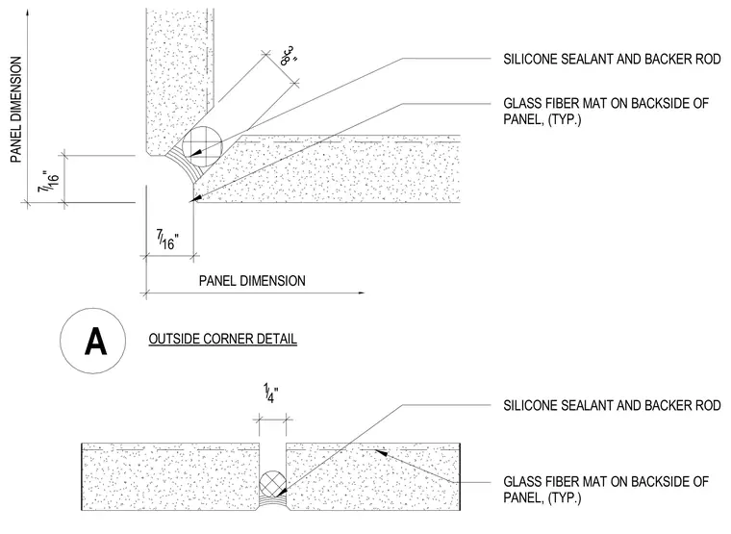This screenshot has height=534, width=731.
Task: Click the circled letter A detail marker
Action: (x=92, y=341)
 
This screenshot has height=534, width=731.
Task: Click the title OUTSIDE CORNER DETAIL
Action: (x=223, y=339)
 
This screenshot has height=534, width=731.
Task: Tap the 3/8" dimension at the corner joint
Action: (x=289, y=56)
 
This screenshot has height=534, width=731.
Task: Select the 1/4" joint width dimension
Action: (x=271, y=394)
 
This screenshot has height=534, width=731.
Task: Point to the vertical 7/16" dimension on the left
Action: (x=49, y=182)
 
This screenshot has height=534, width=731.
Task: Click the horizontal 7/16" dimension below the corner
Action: (x=167, y=239)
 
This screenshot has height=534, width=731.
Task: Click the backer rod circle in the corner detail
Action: (x=202, y=146)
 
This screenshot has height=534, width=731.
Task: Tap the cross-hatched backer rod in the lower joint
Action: (x=273, y=483)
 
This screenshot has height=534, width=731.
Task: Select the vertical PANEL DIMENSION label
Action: (x=16, y=110)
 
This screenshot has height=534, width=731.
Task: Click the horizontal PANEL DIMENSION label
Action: (x=252, y=281)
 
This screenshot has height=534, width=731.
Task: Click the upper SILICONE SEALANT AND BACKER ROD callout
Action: (x=612, y=60)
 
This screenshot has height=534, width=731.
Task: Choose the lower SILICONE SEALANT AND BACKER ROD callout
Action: (x=612, y=405)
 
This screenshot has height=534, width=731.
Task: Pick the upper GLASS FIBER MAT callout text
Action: (x=606, y=111)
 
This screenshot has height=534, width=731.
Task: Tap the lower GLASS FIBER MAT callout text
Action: (x=606, y=489)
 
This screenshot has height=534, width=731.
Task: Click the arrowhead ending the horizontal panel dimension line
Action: (x=361, y=292)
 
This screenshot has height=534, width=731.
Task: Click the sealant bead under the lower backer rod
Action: (x=273, y=502)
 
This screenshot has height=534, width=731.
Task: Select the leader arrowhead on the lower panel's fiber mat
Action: (x=381, y=452)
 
